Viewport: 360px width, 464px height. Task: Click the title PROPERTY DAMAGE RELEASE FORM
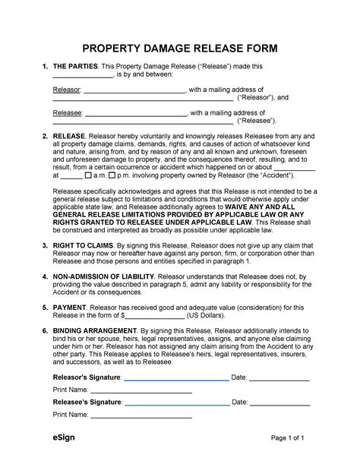tap(180, 49)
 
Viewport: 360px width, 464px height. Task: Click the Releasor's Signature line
tap(176, 377)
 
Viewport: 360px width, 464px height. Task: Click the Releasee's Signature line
tap(176, 402)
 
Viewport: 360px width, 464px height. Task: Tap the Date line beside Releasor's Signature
tap(279, 377)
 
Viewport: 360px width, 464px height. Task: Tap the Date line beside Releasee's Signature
tap(279, 402)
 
